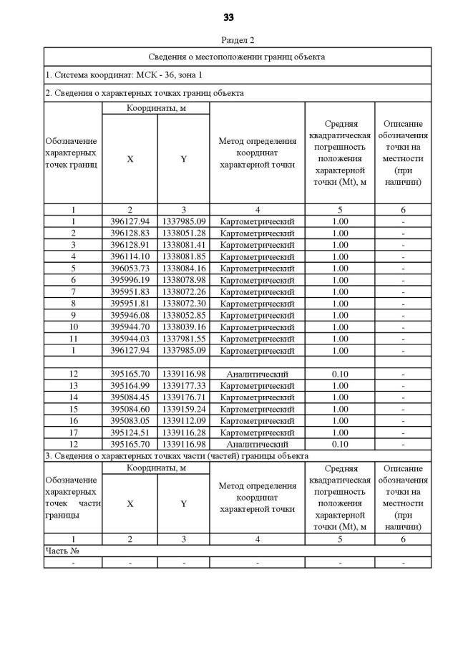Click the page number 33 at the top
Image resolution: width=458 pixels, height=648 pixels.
[x=229, y=17]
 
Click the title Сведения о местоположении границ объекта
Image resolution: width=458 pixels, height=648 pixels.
[x=237, y=56]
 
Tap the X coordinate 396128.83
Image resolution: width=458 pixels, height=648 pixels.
[x=130, y=233]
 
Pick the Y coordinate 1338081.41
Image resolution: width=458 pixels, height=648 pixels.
[x=183, y=244]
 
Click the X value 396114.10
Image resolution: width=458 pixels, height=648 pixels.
[x=130, y=256]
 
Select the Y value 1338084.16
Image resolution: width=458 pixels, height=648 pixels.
[x=183, y=268]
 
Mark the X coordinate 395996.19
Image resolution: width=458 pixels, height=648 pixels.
[x=130, y=280]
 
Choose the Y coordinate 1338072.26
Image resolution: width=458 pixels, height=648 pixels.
[x=183, y=291]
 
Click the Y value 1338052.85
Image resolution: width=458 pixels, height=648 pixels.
[x=183, y=315]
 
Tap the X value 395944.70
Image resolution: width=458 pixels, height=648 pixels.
[x=130, y=327]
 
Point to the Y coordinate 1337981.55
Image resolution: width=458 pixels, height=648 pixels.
[x=183, y=339]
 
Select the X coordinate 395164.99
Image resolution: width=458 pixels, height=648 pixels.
[x=130, y=385]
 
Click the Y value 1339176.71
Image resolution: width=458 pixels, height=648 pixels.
[x=183, y=397]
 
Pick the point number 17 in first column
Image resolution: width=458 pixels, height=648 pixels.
[x=72, y=432]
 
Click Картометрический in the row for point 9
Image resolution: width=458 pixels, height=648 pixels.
[x=257, y=315]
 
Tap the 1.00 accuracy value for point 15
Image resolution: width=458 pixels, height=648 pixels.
[x=340, y=409]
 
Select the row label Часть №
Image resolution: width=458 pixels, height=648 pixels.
[x=62, y=551]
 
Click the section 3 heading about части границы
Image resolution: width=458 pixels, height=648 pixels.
[x=177, y=455]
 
